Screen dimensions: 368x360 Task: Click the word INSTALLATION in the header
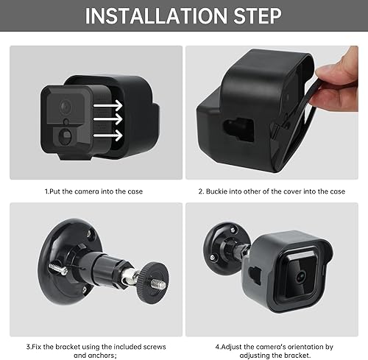pyautogui.click(x=156, y=16)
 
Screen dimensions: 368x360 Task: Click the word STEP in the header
pyautogui.click(x=258, y=16)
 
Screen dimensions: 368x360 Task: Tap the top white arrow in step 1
pyautogui.click(x=107, y=106)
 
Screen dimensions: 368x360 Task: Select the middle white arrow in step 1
pyautogui.click(x=107, y=119)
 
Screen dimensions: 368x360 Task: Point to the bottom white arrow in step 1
pyautogui.click(x=107, y=135)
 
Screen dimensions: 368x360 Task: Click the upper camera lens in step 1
pyautogui.click(x=66, y=107)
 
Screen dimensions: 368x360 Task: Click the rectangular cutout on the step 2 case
pyautogui.click(x=238, y=130)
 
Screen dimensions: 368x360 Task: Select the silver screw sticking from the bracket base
pyautogui.click(x=58, y=269)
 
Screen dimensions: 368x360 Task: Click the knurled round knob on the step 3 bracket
pyautogui.click(x=152, y=282)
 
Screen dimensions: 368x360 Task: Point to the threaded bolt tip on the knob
pyautogui.click(x=158, y=284)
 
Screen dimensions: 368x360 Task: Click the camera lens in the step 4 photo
pyautogui.click(x=301, y=277)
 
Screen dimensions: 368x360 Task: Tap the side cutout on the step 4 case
pyautogui.click(x=255, y=275)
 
